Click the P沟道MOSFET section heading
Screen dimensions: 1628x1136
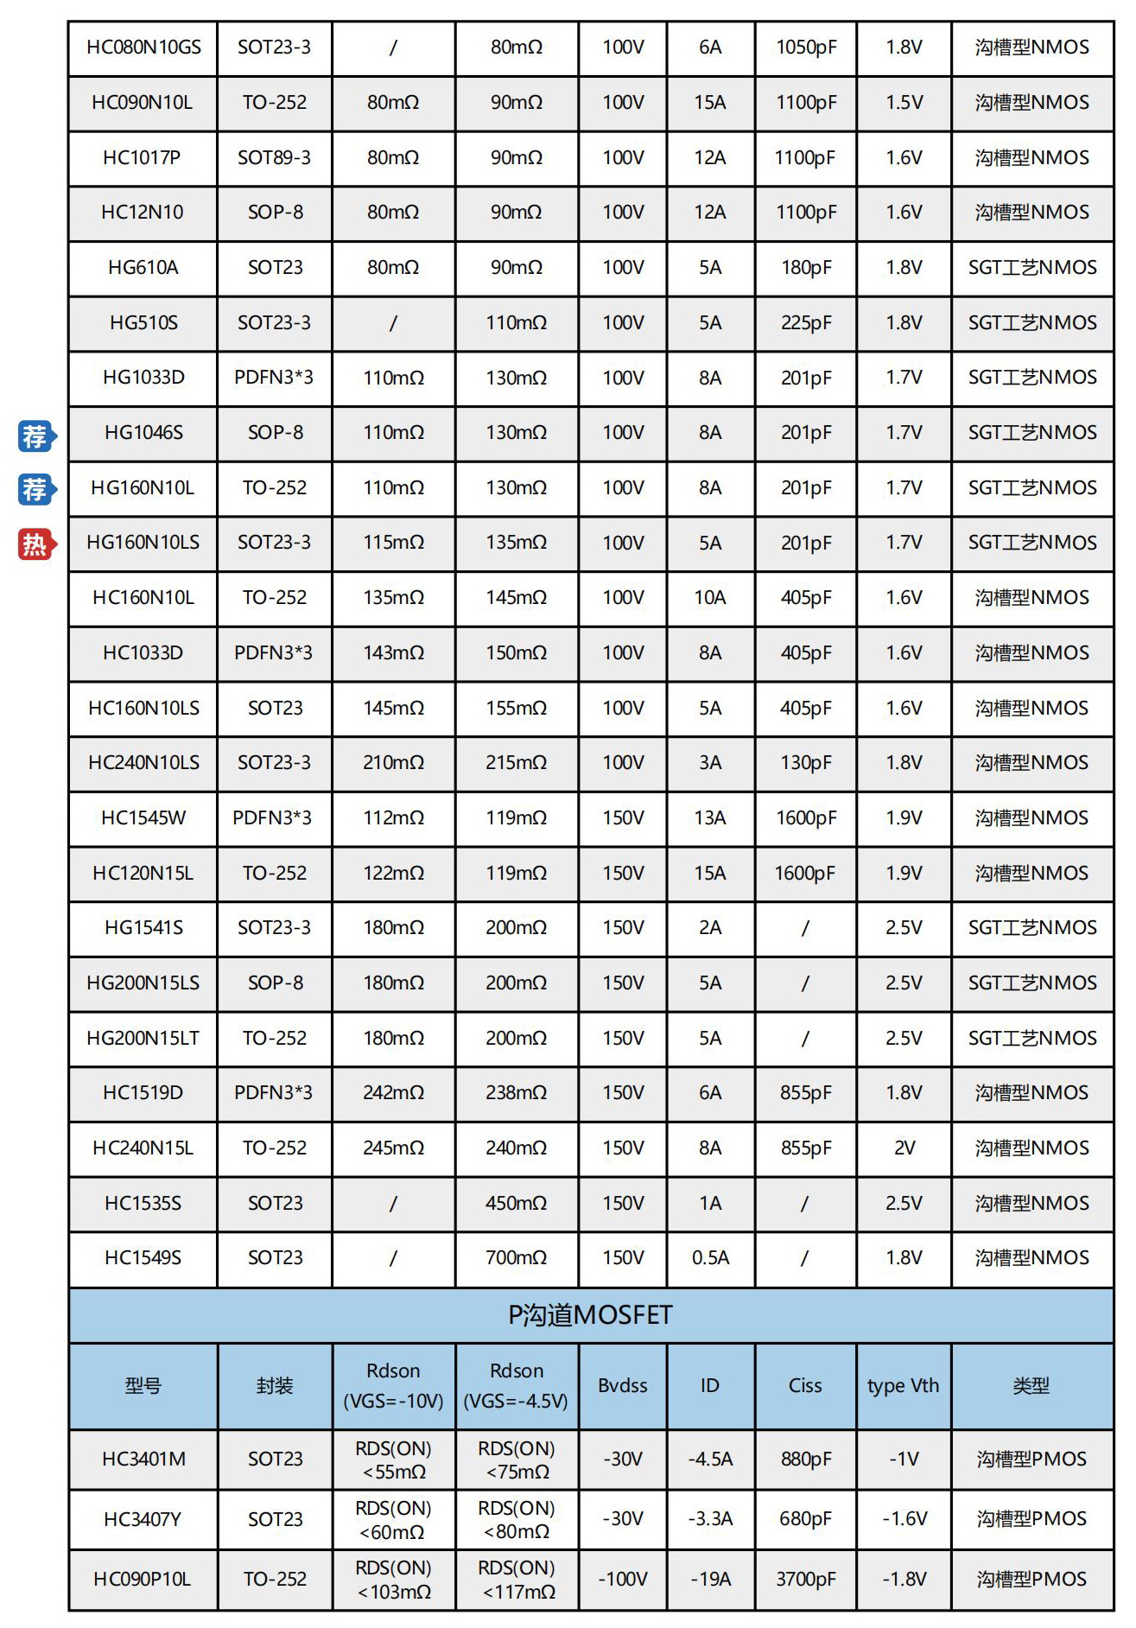(x=590, y=1315)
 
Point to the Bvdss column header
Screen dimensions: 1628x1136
(x=622, y=1386)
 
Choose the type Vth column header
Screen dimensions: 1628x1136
(x=903, y=1386)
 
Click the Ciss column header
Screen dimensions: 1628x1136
(x=805, y=1386)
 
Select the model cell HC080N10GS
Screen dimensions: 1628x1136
(x=143, y=48)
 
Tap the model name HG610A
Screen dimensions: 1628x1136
(x=143, y=268)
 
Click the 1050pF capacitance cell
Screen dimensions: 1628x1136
(x=805, y=48)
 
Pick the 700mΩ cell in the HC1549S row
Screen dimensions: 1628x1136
(x=516, y=1258)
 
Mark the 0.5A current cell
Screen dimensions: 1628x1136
(x=710, y=1258)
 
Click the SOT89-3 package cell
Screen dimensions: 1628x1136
(x=274, y=158)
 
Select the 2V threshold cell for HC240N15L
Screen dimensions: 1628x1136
(x=904, y=1148)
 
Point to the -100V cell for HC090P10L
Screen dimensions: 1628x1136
(x=622, y=1580)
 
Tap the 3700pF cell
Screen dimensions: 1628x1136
(x=805, y=1580)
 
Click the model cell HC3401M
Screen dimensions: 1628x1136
(x=143, y=1459)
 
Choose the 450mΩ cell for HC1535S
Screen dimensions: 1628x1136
(x=516, y=1203)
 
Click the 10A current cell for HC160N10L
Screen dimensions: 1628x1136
(x=710, y=598)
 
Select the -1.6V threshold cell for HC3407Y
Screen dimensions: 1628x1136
(x=904, y=1519)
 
